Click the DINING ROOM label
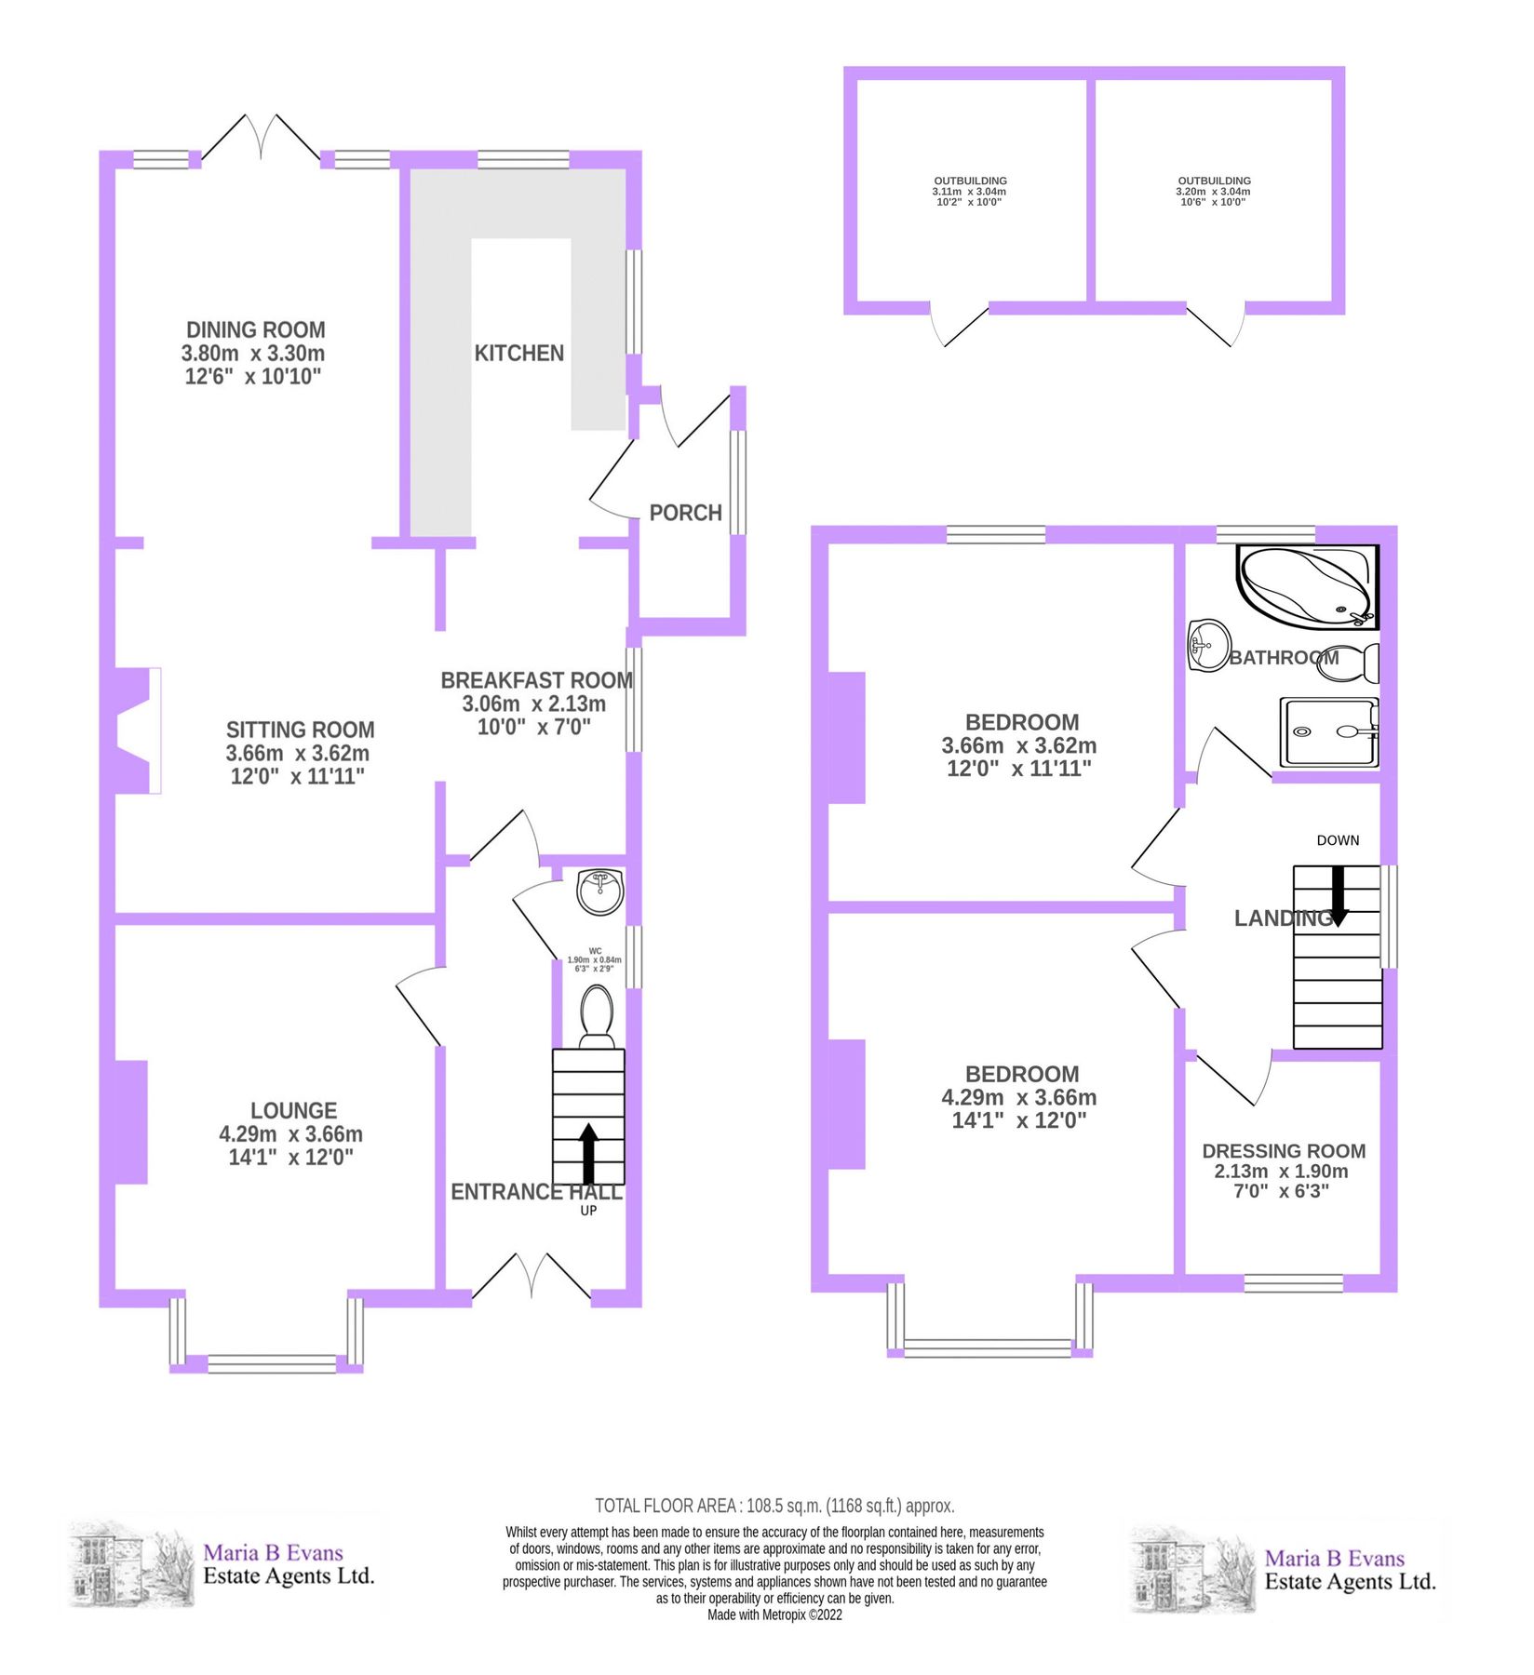point(255,330)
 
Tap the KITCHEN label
point(518,354)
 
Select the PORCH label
point(685,513)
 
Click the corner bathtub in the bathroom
point(1306,585)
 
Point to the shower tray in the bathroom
point(1328,732)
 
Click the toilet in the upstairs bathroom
point(1349,663)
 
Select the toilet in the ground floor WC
point(597,1016)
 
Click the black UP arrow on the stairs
point(588,1152)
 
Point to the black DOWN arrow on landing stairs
point(1339,895)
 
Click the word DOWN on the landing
point(1338,840)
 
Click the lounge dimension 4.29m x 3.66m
point(290,1134)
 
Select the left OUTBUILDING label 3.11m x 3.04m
point(970,191)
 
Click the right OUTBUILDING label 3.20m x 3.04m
point(1214,191)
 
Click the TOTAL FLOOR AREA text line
point(774,1506)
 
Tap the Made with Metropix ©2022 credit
point(774,1615)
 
